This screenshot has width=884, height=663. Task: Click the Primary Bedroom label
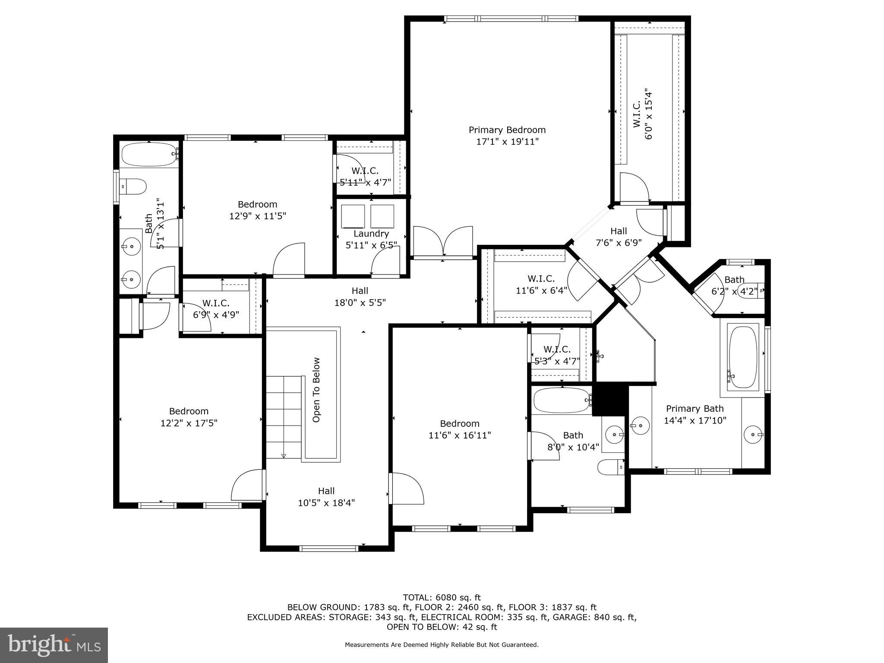coord(507,130)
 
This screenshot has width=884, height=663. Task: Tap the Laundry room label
coord(371,234)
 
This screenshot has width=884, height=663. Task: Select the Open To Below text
coord(316,390)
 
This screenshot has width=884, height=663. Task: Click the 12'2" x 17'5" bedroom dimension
coord(189,423)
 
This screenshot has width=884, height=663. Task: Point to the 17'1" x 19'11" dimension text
coord(507,142)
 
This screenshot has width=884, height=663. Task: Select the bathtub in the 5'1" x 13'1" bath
coord(148,154)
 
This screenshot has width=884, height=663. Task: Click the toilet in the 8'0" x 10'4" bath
coord(610,467)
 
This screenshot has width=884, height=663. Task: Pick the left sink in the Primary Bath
coord(640,425)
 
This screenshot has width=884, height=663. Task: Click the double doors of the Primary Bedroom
coord(443,242)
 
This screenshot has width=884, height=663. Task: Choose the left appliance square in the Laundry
coord(353,216)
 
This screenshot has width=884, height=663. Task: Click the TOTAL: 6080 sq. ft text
coord(442,597)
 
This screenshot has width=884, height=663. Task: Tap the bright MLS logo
coord(54,645)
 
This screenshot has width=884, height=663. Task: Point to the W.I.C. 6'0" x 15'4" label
coord(642,114)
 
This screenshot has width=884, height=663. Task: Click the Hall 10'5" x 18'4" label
coord(326,496)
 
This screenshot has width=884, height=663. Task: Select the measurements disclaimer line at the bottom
coord(442,645)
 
